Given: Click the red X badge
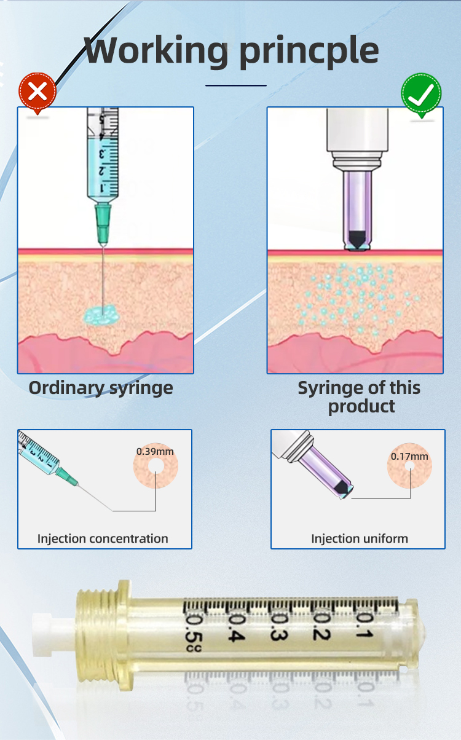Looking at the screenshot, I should (x=37, y=92).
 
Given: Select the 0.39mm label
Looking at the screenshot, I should (x=155, y=451).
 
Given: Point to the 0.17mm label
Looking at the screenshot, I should (x=409, y=456).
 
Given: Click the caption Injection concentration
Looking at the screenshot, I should (x=103, y=538).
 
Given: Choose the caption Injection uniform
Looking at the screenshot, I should (x=360, y=538).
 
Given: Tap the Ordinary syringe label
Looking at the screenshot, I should (x=101, y=388).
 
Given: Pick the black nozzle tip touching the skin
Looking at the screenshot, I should (x=355, y=240).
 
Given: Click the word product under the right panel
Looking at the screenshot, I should (x=361, y=406).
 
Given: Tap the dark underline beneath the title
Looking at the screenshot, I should (x=236, y=85).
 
